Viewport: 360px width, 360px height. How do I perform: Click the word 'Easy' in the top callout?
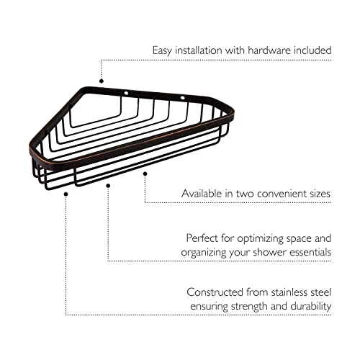(x=162, y=51)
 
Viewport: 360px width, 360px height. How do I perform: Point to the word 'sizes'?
(x=320, y=194)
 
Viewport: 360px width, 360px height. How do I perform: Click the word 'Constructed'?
(x=215, y=292)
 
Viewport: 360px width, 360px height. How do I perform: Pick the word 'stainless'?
(x=289, y=292)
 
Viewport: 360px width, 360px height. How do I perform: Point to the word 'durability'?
(x=311, y=307)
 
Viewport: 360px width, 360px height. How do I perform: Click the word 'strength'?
(x=249, y=307)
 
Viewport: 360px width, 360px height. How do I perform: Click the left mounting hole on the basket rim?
(x=126, y=93)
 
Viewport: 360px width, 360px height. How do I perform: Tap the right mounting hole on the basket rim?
(x=183, y=98)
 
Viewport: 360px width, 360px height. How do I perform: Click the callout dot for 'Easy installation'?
(x=102, y=81)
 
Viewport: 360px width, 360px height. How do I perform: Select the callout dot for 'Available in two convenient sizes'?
(x=145, y=174)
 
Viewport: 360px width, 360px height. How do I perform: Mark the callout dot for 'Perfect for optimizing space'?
(x=108, y=186)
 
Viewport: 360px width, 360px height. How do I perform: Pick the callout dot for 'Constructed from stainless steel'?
(x=66, y=194)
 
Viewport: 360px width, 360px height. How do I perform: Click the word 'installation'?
(x=198, y=50)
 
